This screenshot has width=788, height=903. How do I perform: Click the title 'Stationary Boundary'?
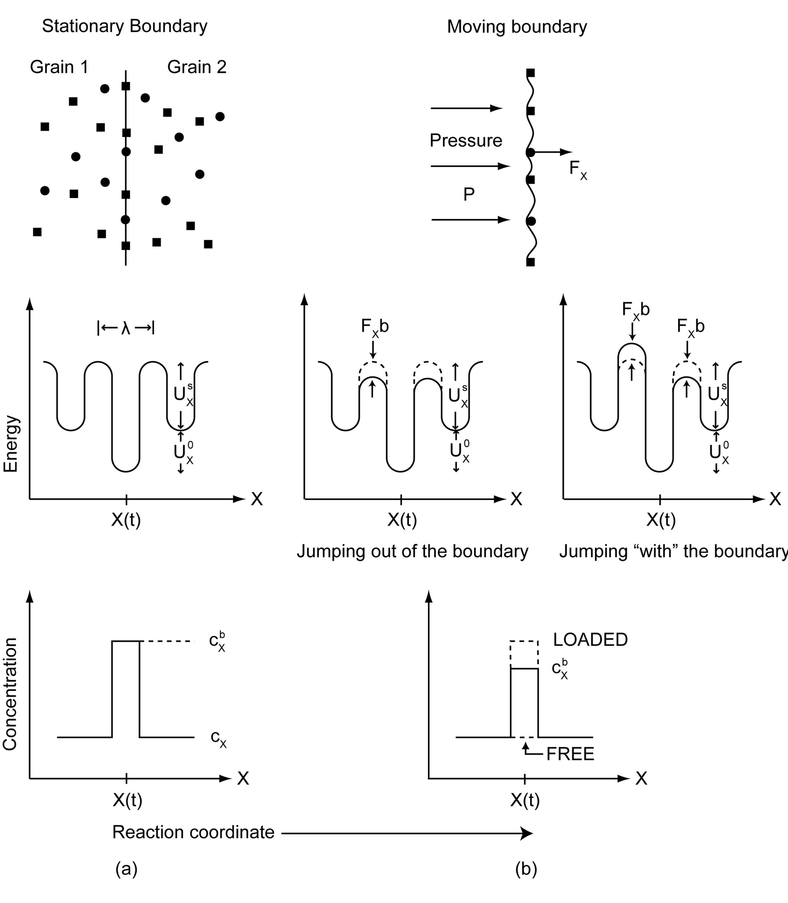pos(124,26)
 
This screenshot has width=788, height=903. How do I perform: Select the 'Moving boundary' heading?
pos(517,27)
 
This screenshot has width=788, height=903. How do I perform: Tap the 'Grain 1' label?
pos(59,67)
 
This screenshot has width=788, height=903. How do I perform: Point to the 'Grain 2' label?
pos(196,67)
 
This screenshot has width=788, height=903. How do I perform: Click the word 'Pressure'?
pos(466,141)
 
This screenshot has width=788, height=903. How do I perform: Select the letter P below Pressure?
pos(469,194)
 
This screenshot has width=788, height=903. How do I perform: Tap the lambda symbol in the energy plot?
pos(126,328)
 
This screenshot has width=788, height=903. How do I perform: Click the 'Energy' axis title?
pos(11,444)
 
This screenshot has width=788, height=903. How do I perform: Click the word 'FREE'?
pos(570,754)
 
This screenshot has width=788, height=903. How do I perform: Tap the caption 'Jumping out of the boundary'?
pos(413,552)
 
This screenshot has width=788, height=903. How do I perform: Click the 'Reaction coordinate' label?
pos(193,832)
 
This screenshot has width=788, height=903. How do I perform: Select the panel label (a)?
pos(126,869)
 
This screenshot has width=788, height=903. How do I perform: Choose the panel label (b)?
pos(526,869)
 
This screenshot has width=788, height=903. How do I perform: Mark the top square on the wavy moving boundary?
pos(531,73)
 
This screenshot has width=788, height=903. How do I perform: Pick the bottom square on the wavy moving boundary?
pos(531,262)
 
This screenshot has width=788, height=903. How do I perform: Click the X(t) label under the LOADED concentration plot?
pos(525,800)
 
